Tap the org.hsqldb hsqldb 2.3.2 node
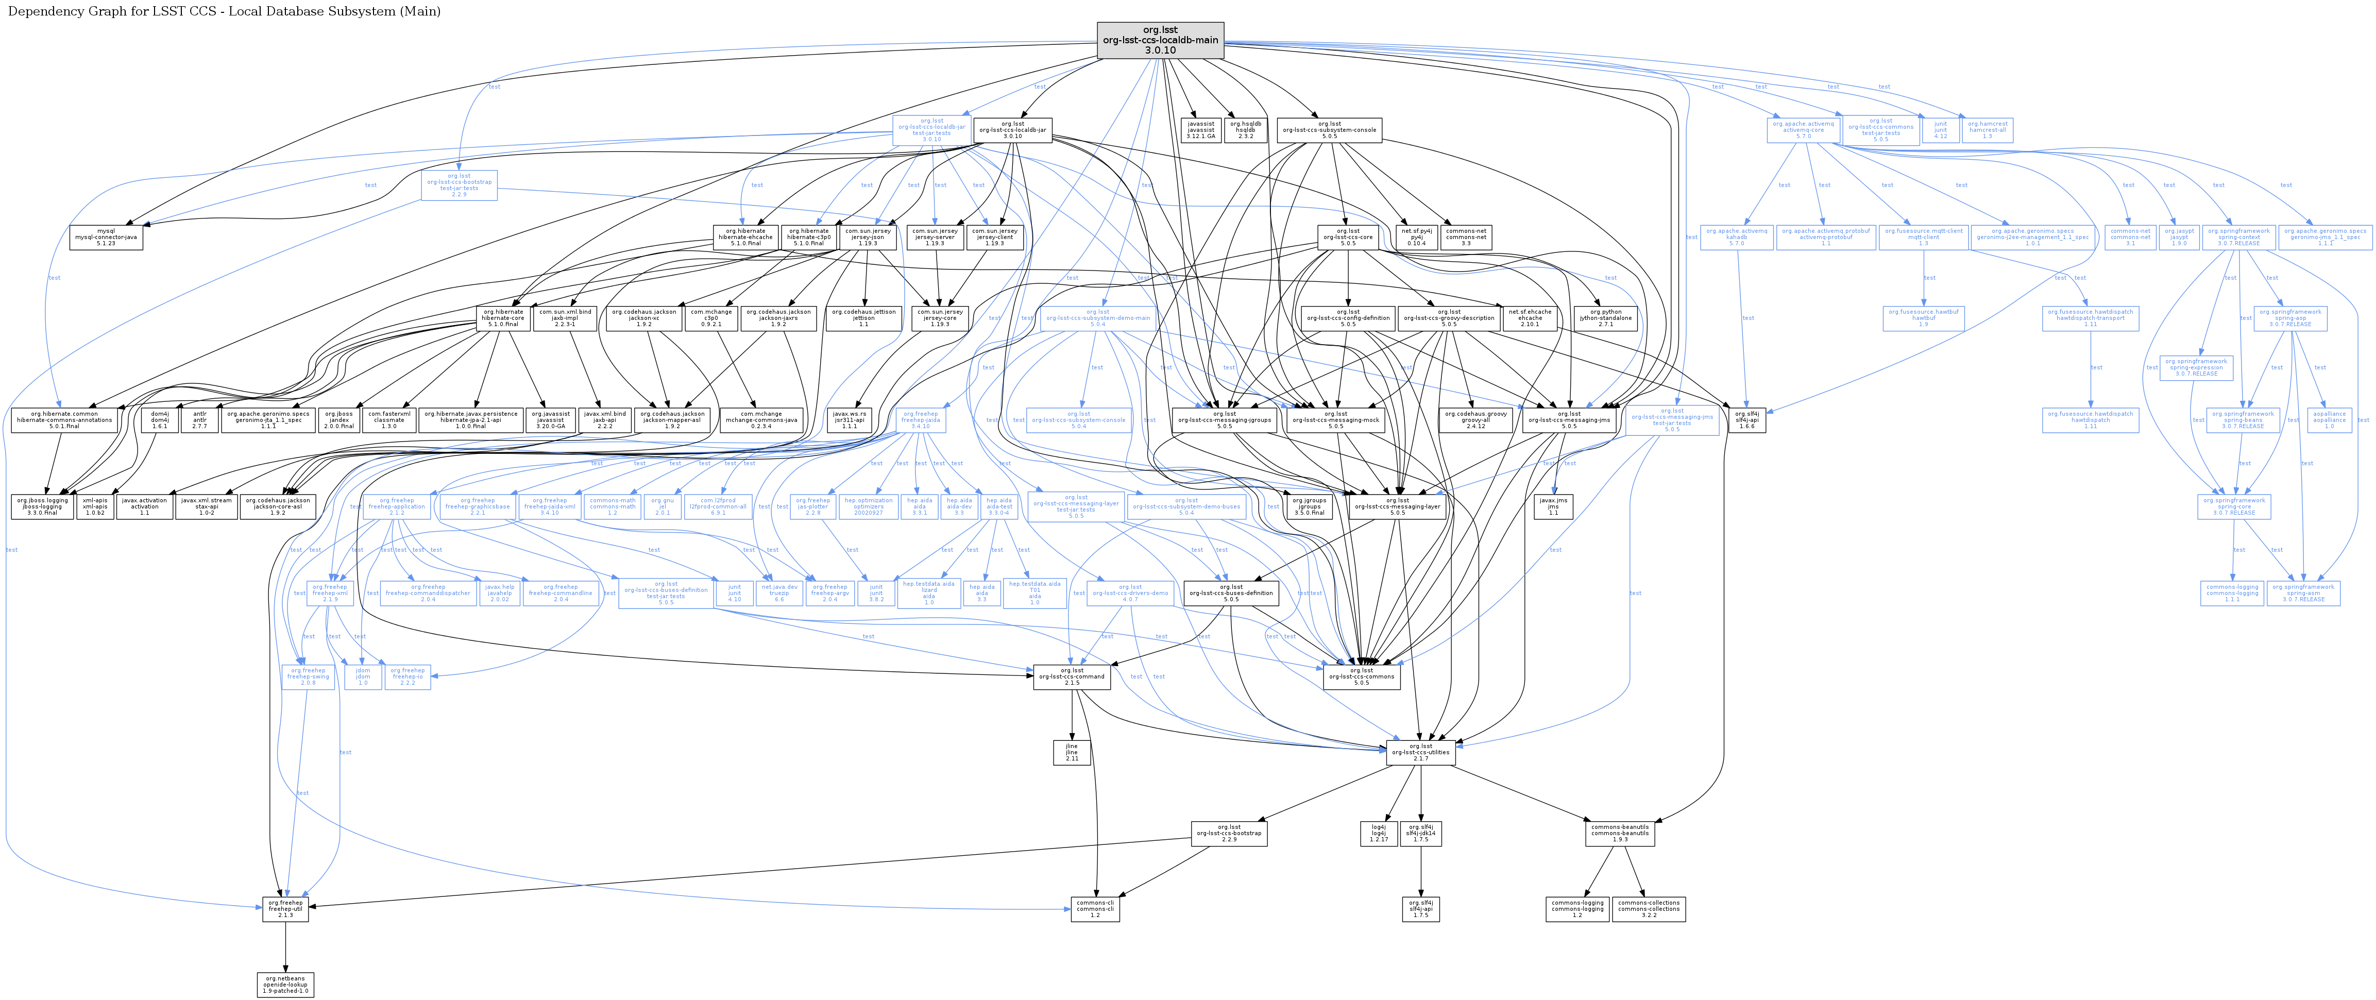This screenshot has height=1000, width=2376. click(x=1245, y=130)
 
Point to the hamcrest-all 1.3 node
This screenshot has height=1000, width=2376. click(x=1987, y=130)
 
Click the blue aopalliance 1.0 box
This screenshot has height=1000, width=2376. click(x=2329, y=420)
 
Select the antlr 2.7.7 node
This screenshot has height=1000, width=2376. click(x=199, y=420)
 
